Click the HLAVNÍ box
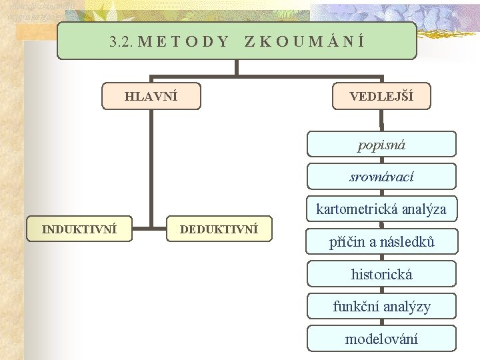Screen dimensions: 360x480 pyautogui.click(x=151, y=96)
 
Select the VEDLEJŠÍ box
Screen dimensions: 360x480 pyautogui.click(x=381, y=96)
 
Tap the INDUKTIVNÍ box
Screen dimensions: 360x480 pyautogui.click(x=79, y=229)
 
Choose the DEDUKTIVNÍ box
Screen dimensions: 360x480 pyautogui.click(x=219, y=229)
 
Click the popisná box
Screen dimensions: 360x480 pyautogui.click(x=381, y=144)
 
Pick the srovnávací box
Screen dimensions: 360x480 pyautogui.click(x=381, y=177)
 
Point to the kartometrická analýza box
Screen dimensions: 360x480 pyautogui.click(x=381, y=209)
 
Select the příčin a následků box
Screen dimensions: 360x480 pyautogui.click(x=381, y=241)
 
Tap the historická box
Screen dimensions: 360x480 pyautogui.click(x=381, y=274)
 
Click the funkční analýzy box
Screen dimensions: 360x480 pyautogui.click(x=381, y=306)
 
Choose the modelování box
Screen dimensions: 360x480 pyautogui.click(x=381, y=339)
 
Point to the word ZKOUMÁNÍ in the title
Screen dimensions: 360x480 pyautogui.click(x=304, y=41)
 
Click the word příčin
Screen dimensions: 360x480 pyautogui.click(x=346, y=241)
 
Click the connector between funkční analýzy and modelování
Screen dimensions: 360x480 pyautogui.click(x=381, y=322)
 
